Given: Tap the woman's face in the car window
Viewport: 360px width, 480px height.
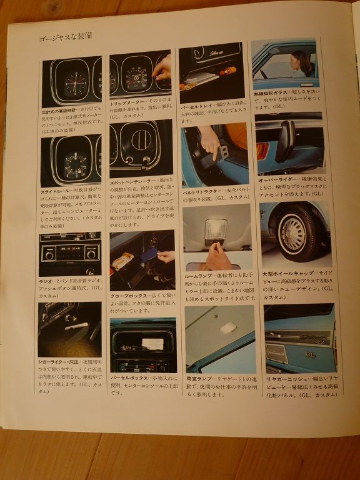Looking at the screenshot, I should [x=298, y=62].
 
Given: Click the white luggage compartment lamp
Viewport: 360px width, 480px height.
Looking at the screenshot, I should [x=228, y=327].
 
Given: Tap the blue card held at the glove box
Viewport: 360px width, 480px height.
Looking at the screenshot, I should [x=148, y=254].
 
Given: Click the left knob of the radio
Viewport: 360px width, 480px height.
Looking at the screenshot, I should [x=49, y=255].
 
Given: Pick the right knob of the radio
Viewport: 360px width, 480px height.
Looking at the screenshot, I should [x=91, y=254].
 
